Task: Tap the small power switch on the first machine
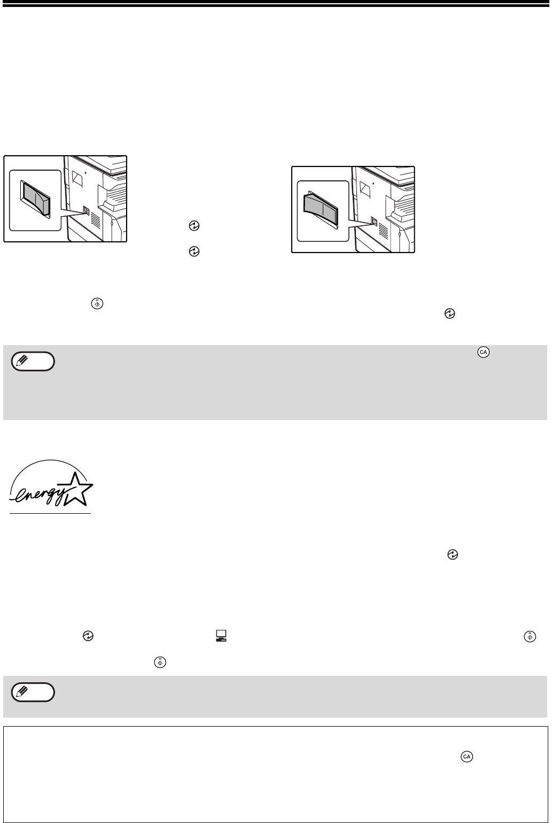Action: [x=86, y=210]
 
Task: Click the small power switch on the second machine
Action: [x=374, y=221]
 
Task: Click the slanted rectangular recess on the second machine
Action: [x=364, y=189]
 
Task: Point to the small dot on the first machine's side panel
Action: [x=85, y=172]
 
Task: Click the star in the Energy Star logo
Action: [x=77, y=489]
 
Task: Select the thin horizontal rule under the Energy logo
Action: [x=50, y=513]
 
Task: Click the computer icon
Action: [x=221, y=635]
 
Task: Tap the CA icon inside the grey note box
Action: [x=484, y=352]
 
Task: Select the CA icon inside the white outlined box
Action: [x=467, y=757]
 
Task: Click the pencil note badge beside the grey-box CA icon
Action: [x=33, y=362]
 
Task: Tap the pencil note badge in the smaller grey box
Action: [x=33, y=692]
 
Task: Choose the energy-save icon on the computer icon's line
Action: [x=88, y=636]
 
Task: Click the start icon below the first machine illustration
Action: [x=97, y=303]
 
